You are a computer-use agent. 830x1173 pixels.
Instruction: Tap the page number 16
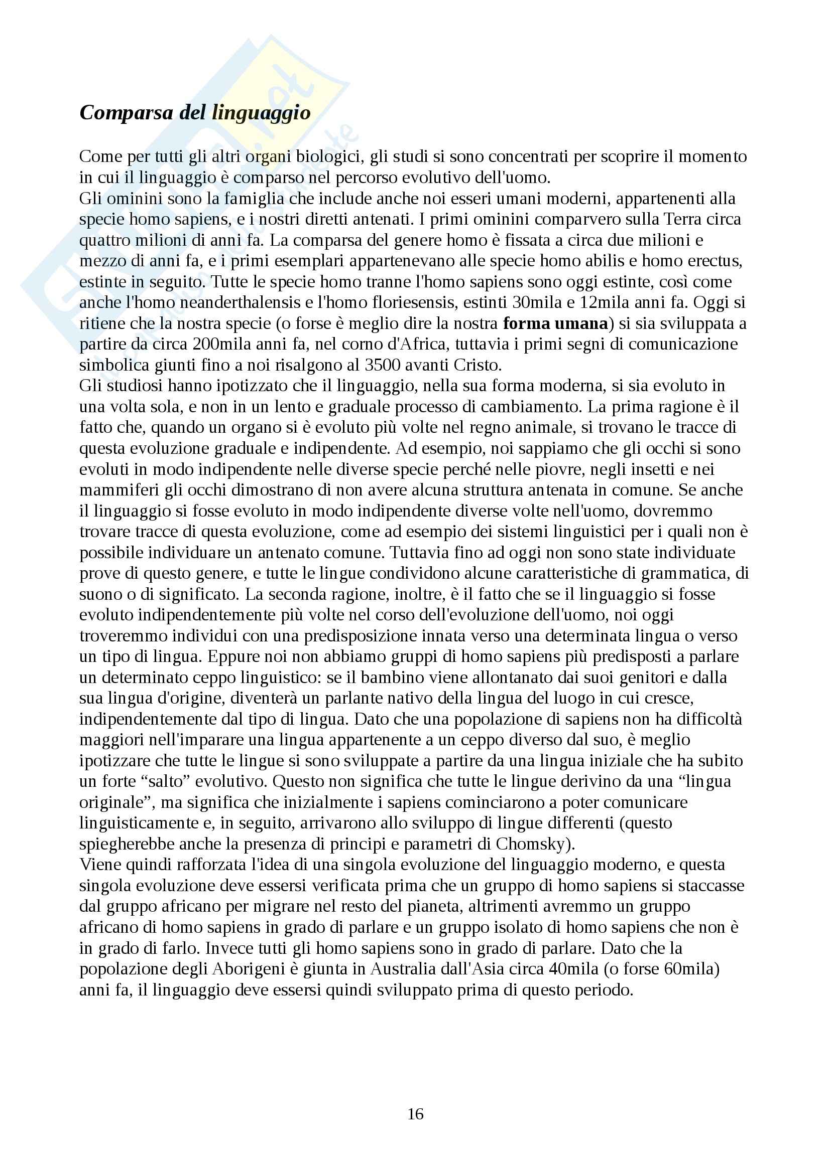tap(415, 1114)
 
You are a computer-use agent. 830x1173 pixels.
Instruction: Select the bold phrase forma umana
tap(555, 323)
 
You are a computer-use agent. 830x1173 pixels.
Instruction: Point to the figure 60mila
tap(689, 969)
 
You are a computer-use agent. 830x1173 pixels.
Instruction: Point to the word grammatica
tap(689, 573)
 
